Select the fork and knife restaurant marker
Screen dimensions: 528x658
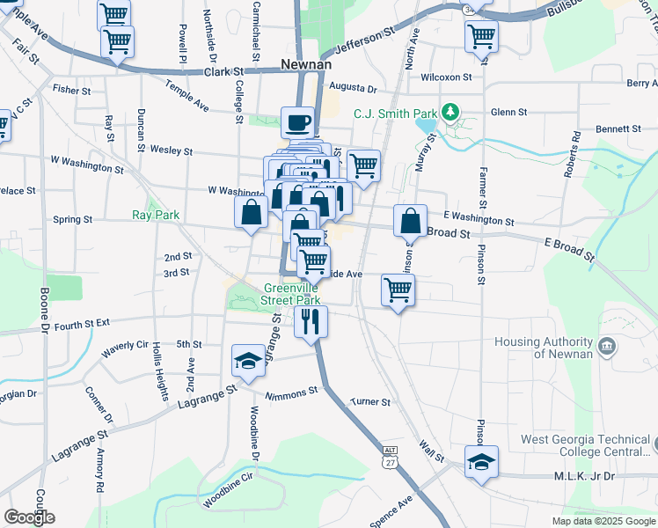click(311, 321)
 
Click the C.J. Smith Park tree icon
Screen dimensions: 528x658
click(450, 113)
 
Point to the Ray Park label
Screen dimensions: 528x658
click(155, 215)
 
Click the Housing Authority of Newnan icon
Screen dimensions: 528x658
click(606, 347)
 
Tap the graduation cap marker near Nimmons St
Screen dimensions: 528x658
click(248, 362)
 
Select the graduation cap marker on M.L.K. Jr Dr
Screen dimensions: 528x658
click(481, 463)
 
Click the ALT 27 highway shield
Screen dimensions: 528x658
click(391, 455)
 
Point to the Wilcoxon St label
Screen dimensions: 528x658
click(447, 77)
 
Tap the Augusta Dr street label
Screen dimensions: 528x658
click(353, 89)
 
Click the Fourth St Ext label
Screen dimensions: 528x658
click(81, 324)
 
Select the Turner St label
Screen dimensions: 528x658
click(370, 402)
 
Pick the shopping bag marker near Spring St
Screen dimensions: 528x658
click(251, 212)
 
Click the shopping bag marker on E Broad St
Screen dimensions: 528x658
click(410, 221)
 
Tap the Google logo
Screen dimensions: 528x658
click(29, 517)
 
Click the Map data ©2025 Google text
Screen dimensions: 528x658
click(603, 521)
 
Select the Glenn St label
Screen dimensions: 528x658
click(508, 113)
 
